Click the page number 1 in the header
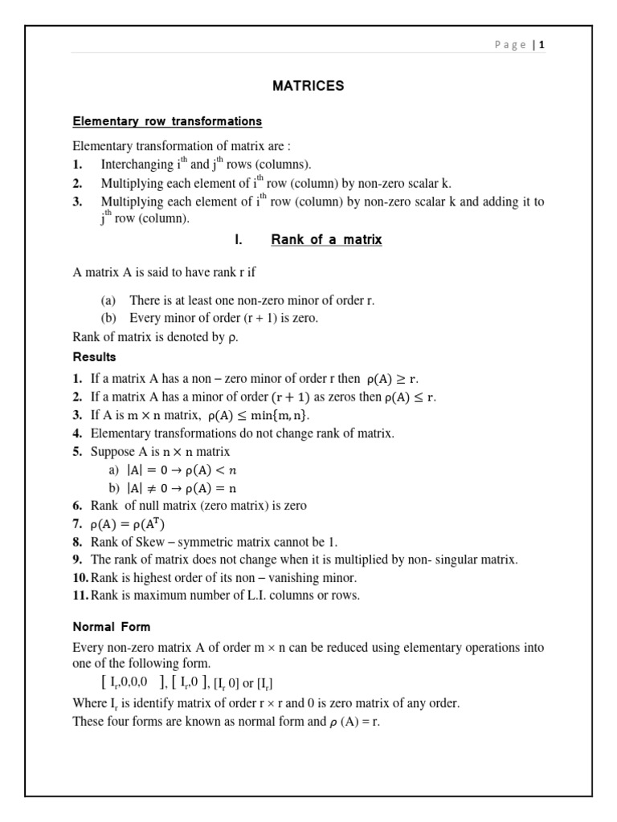(542, 45)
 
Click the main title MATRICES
(308, 86)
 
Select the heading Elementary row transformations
(167, 121)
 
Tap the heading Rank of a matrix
(326, 239)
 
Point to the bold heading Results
(94, 356)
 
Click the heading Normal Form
(111, 626)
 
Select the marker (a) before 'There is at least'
(108, 301)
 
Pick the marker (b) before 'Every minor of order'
(108, 318)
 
